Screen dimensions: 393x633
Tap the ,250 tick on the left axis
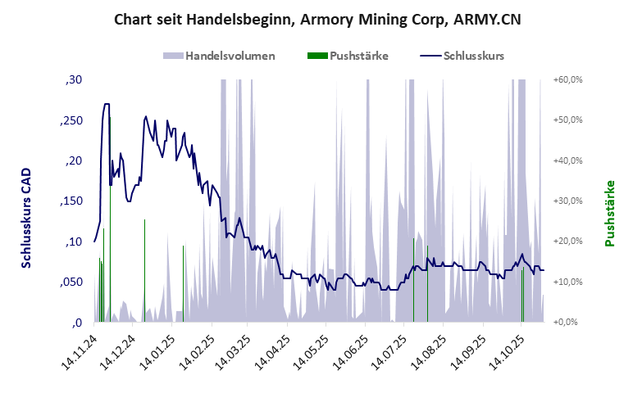coord(71,120)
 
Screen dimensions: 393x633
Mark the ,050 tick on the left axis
coord(71,282)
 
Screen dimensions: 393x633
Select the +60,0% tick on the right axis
coord(567,79)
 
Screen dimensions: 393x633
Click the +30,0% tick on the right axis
coord(567,201)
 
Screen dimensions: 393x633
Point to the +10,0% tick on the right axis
coord(567,282)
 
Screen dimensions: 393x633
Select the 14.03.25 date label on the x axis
coord(233,353)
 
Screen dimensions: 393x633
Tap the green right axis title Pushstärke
coord(610,214)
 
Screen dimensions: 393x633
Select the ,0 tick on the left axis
coord(77,322)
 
